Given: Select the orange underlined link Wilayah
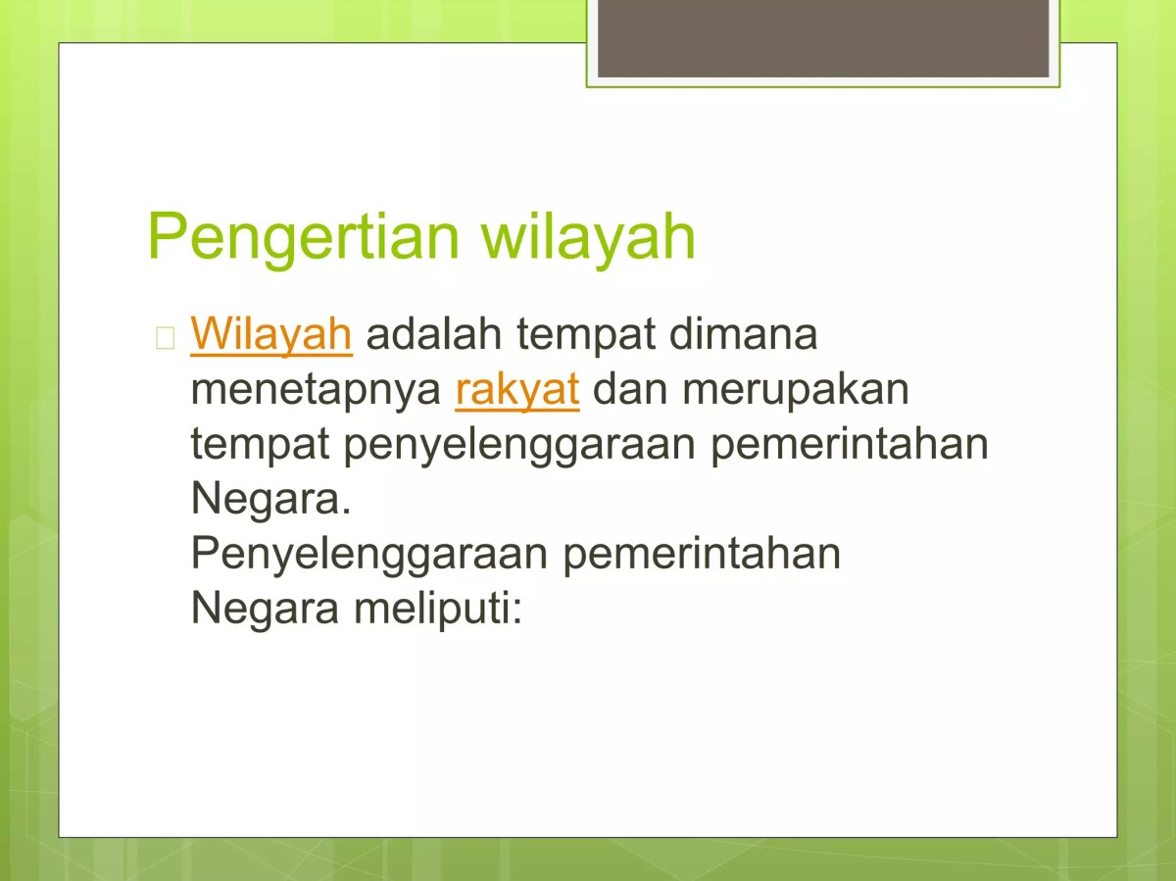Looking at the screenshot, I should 271,334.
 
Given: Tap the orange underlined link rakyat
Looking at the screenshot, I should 517,390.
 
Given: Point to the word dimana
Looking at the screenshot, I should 743,334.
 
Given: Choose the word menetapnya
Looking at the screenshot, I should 316,390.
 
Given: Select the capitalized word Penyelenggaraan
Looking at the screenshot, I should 369,555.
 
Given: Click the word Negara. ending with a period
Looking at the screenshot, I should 270,500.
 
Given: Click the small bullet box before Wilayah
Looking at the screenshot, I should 165,337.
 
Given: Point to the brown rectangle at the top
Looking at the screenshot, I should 822,39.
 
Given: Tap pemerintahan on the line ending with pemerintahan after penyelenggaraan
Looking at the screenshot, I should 849,446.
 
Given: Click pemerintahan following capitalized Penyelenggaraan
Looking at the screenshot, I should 702,555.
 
